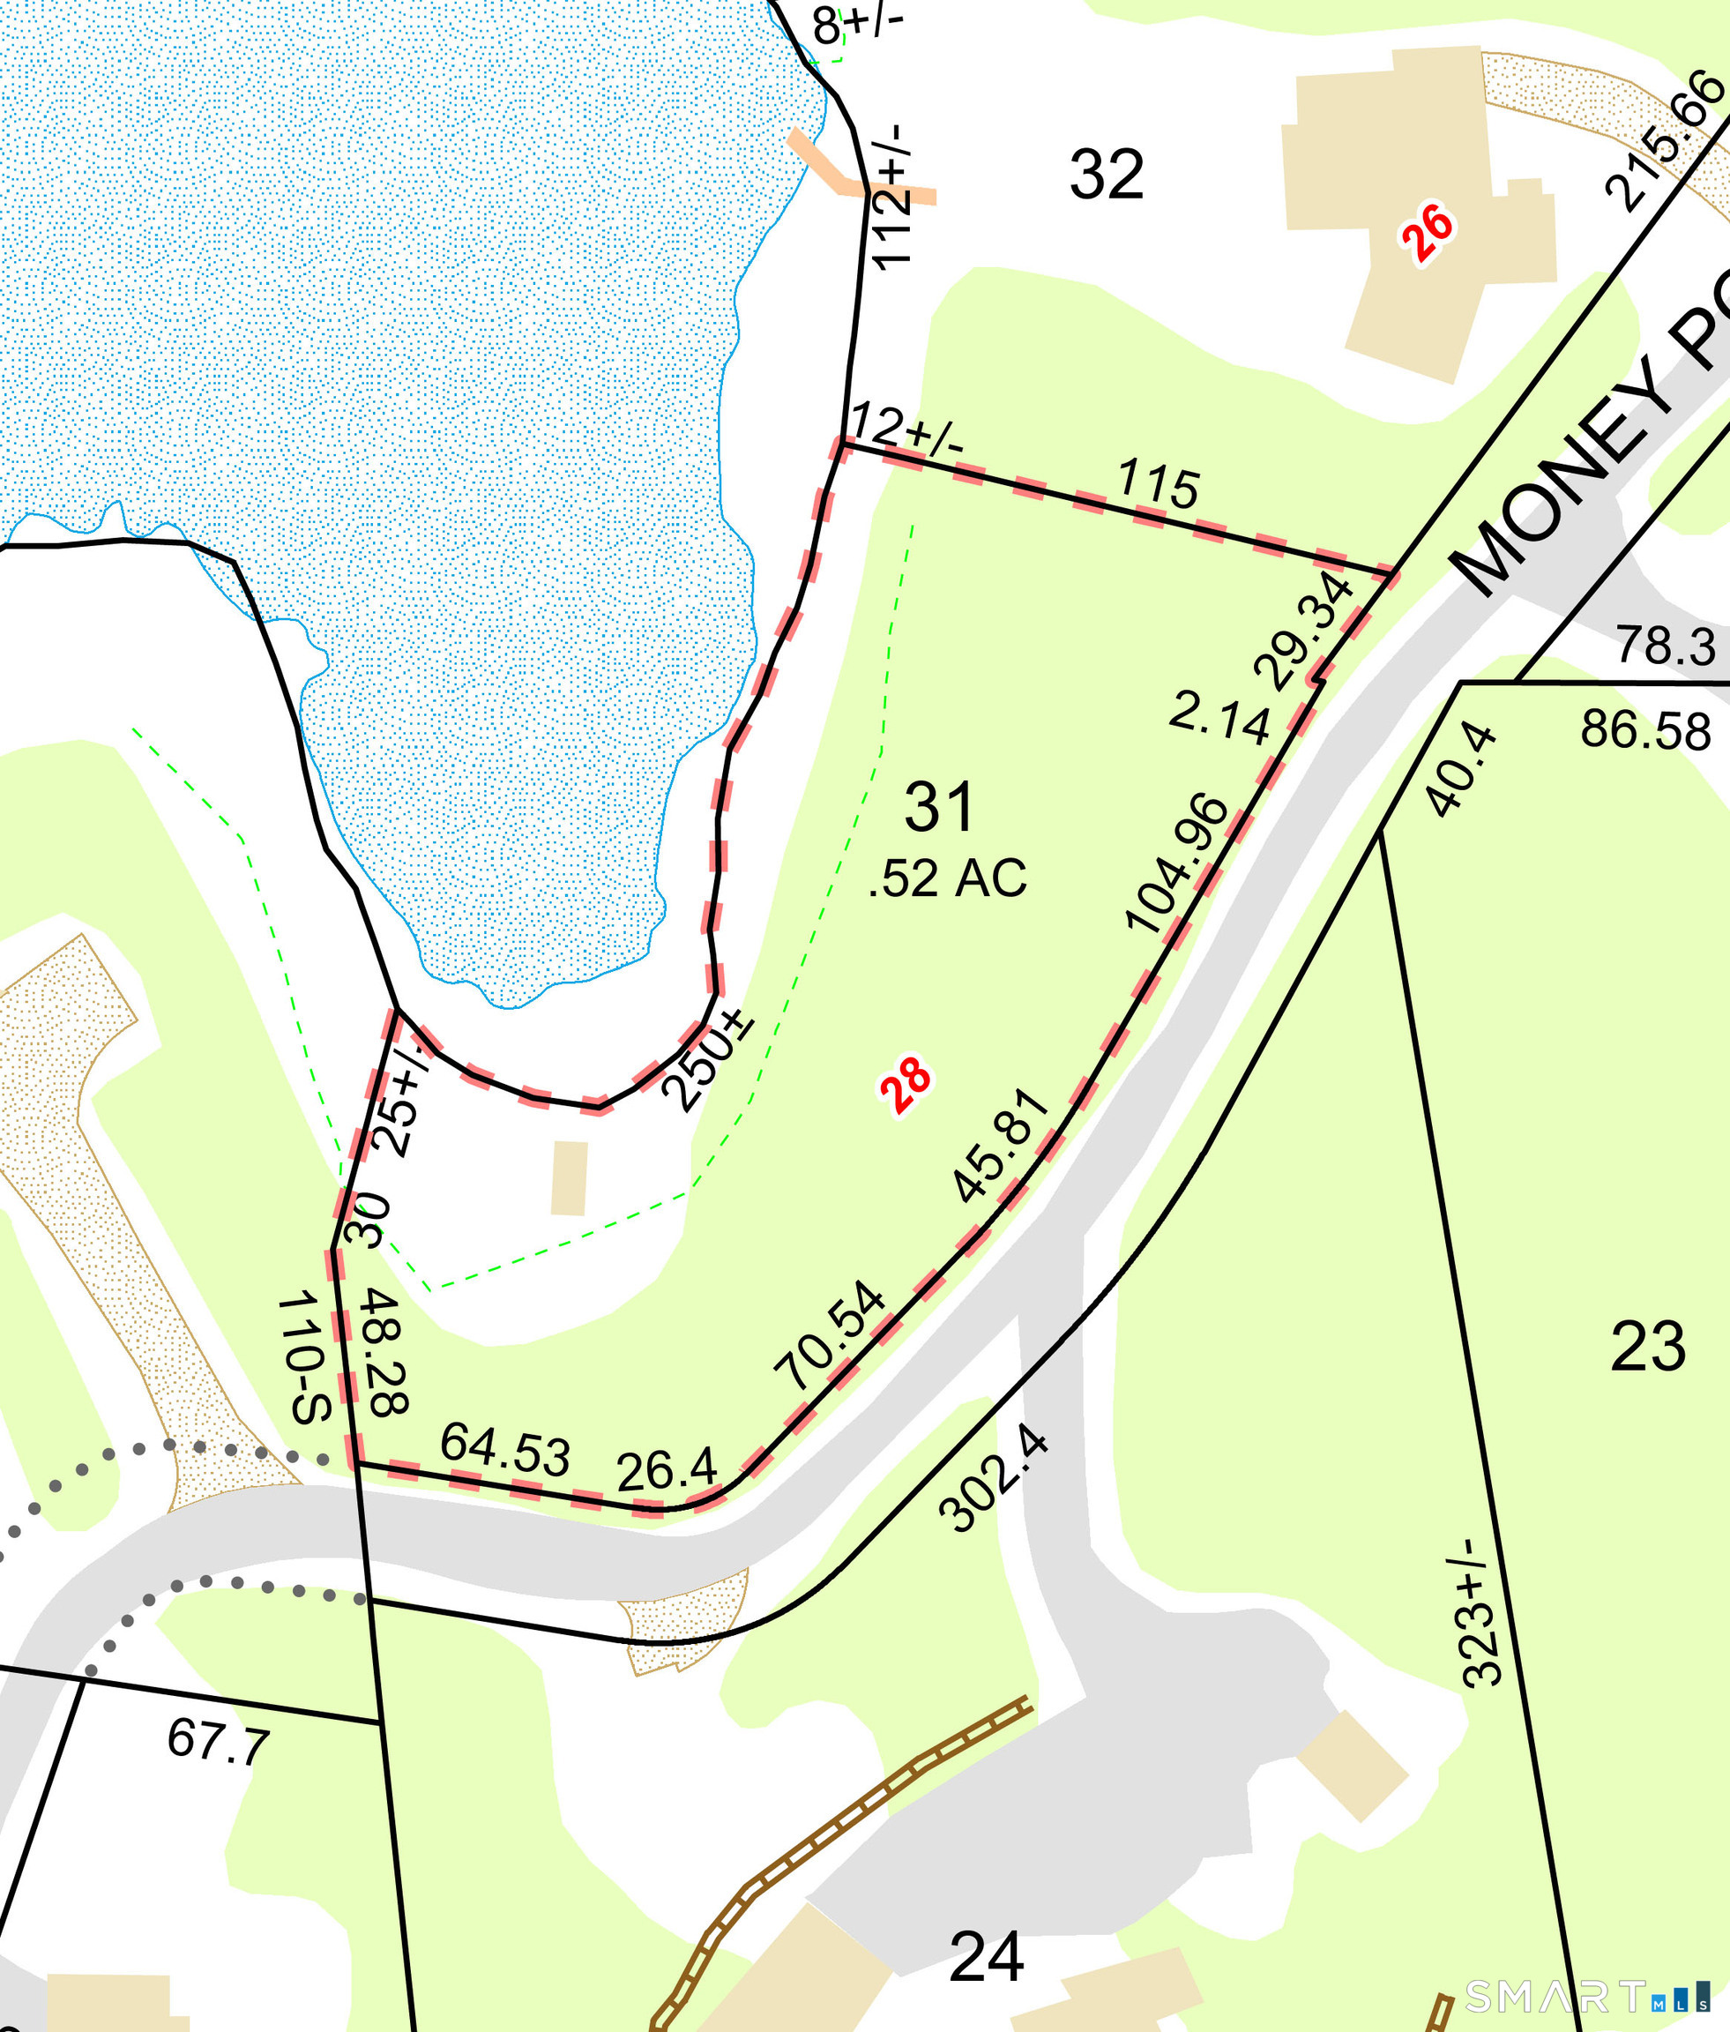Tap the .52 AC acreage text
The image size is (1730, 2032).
947,878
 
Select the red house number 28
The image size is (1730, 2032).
906,1086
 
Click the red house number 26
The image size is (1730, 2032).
1427,233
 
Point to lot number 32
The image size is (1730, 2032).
1107,175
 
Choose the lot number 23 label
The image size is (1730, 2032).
1648,1347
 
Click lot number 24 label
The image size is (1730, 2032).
987,1956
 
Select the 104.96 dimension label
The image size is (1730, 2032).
1177,864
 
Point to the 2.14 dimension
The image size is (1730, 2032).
1219,719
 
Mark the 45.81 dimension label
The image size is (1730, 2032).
1002,1145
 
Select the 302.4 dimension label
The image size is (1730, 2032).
993,1482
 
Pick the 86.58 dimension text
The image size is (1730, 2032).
1645,730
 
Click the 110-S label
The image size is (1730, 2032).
304,1359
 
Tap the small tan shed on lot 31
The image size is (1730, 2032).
569,1177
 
